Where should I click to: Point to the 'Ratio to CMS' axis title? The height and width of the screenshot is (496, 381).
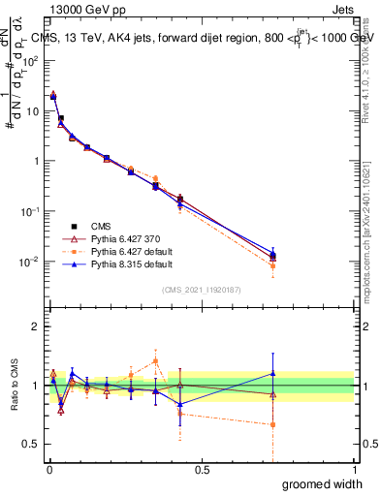point(14,386)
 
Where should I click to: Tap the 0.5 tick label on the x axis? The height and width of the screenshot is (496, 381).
point(201,469)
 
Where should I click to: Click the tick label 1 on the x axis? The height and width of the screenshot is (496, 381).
point(354,469)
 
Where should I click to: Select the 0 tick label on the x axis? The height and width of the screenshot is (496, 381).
point(48,469)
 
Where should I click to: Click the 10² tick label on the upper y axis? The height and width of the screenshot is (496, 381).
point(30,60)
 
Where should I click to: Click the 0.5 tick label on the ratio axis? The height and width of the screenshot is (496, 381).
point(32,445)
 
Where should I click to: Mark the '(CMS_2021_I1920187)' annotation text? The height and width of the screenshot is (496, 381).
point(201,290)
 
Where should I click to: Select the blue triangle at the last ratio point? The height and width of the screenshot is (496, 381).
point(273,373)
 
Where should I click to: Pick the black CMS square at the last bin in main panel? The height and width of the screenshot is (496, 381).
point(273,255)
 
